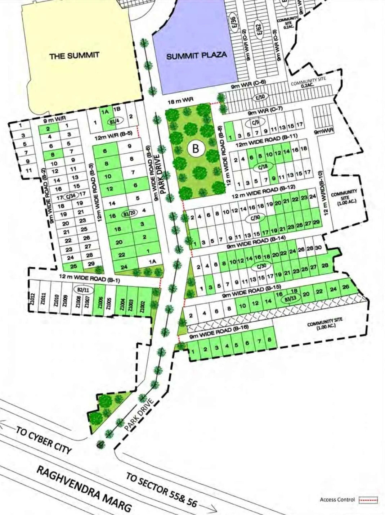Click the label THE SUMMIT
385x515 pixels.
(74, 56)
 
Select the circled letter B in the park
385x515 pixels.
(196, 148)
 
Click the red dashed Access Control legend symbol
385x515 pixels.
(368, 500)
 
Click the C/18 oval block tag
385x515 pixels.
(263, 166)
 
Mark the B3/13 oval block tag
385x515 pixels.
(290, 298)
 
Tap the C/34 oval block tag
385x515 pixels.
(71, 195)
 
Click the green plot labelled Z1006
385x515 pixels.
(100, 301)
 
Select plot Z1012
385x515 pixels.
(32, 299)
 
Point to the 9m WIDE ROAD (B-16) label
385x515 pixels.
(219, 333)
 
